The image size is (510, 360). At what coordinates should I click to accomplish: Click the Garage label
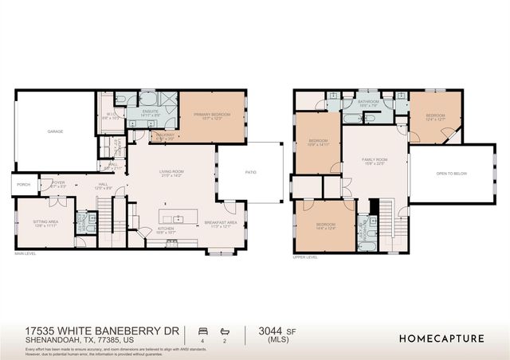click(55, 131)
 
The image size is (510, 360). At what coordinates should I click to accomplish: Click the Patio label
click(250, 171)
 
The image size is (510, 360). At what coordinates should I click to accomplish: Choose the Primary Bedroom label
click(212, 115)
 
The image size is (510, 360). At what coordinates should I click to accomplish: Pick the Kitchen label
click(166, 229)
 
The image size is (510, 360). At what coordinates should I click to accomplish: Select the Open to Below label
click(450, 172)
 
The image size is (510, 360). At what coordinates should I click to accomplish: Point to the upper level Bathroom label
click(368, 102)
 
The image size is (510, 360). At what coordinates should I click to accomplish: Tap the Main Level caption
click(26, 254)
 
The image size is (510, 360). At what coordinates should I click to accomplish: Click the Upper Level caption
click(305, 257)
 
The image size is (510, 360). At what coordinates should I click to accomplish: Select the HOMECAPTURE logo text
click(441, 338)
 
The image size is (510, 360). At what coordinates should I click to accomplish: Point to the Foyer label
click(59, 183)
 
